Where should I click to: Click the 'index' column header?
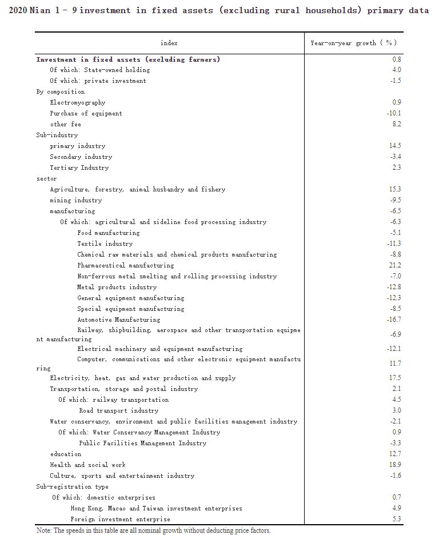click(169, 43)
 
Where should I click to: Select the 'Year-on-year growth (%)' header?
click(353, 43)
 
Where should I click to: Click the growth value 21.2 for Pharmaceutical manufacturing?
click(394, 265)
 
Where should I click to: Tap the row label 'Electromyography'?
click(77, 102)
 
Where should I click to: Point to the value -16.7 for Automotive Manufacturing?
click(394, 320)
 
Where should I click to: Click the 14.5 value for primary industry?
click(394, 146)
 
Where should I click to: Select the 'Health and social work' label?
click(87, 465)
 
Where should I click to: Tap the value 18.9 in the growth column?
click(394, 465)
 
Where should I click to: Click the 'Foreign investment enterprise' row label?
click(120, 519)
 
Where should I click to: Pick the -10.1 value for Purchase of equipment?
click(394, 113)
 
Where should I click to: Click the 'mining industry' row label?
click(75, 200)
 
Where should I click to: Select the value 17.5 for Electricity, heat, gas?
click(394, 378)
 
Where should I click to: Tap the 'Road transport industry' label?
click(118, 410)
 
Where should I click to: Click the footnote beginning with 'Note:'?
click(153, 530)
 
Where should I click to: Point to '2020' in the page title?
click(18, 11)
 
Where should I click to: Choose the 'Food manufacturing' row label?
click(108, 233)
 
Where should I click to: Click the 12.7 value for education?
click(394, 454)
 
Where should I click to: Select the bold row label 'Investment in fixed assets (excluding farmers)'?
click(128, 59)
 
